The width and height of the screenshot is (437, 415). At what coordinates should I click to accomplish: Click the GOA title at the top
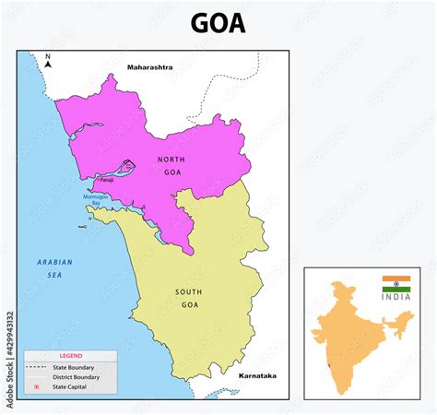coord(218,22)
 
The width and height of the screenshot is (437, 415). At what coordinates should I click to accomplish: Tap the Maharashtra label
coord(150,67)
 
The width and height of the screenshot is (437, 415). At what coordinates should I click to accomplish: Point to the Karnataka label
coord(256,376)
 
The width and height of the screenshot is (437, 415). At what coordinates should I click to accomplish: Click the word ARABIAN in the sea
coord(54,262)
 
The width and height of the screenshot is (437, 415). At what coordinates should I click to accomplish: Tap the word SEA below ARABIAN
coord(53,274)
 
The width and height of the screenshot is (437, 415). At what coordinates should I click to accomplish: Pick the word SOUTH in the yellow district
coord(189,291)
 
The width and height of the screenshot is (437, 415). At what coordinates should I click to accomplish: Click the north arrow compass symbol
coord(48,62)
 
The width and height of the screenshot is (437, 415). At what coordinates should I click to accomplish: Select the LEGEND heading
coord(71,355)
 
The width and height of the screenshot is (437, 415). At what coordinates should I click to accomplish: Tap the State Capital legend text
coord(74,387)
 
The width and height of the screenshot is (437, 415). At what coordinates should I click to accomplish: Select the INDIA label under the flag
coord(396,297)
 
